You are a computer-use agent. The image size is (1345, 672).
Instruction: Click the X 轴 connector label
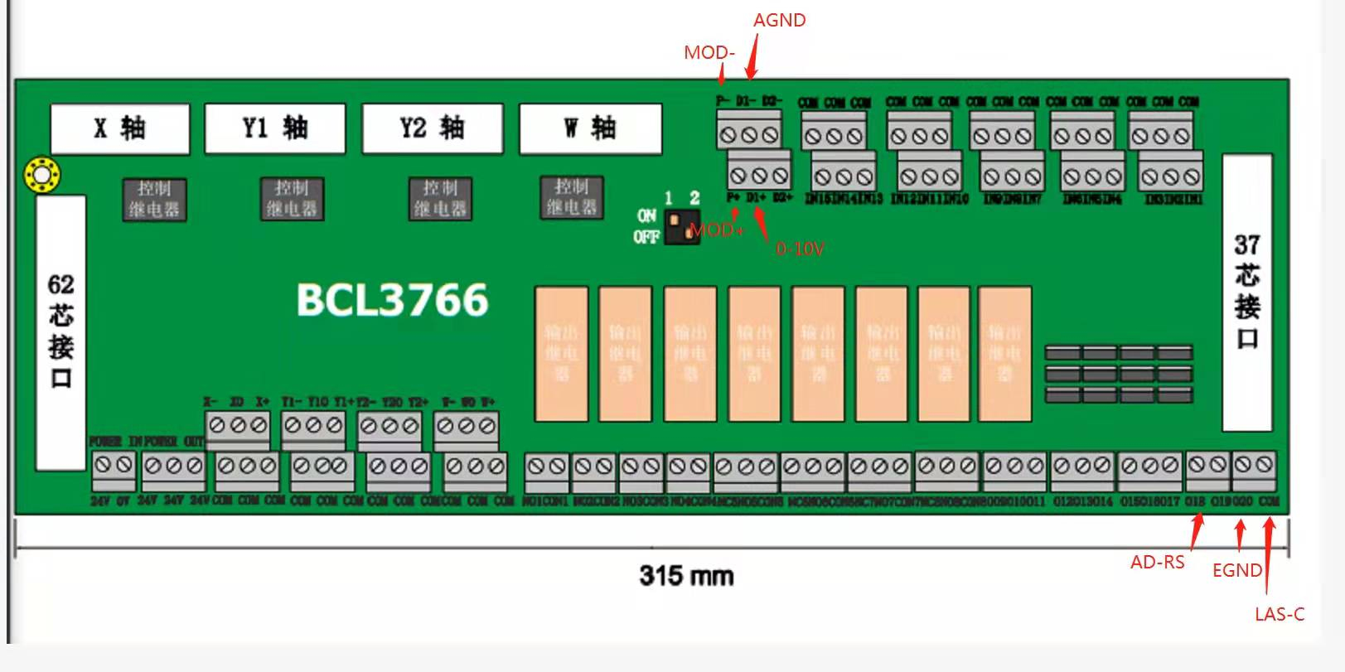click(x=120, y=128)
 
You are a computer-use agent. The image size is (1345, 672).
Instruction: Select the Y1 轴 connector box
click(x=274, y=128)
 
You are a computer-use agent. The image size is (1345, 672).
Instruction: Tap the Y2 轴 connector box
click(x=432, y=128)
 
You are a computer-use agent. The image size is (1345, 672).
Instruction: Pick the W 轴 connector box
click(x=590, y=128)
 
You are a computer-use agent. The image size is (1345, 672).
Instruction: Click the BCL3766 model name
click(x=392, y=300)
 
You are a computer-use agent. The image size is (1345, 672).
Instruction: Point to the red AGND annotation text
click(x=779, y=21)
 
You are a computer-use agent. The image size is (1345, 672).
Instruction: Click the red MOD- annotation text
click(x=709, y=53)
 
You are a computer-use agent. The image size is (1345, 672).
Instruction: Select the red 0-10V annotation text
click(x=800, y=249)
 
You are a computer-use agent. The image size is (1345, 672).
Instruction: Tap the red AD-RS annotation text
click(x=1157, y=563)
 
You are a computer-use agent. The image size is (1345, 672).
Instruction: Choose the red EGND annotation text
click(x=1236, y=570)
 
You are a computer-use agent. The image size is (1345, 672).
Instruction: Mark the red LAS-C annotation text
click(x=1279, y=614)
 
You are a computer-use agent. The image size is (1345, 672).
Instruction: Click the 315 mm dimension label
click(x=686, y=575)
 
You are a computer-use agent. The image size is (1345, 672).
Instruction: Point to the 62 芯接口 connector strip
click(x=60, y=331)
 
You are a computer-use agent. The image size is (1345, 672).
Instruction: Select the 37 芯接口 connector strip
click(x=1246, y=292)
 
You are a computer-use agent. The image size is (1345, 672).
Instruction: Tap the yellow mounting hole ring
click(x=41, y=175)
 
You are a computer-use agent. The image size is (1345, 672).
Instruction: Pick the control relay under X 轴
click(x=154, y=200)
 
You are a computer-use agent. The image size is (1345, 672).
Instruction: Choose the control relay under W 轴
click(x=571, y=197)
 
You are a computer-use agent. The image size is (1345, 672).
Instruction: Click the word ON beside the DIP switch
click(x=646, y=215)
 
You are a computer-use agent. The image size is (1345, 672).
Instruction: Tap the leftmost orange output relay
click(x=561, y=354)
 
